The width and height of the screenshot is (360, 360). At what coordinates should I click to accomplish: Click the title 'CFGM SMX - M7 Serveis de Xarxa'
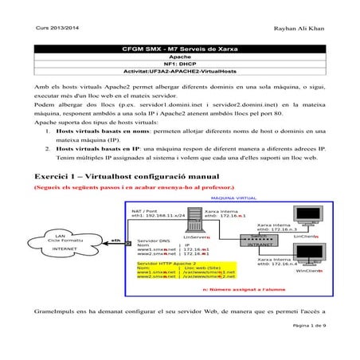point(179,49)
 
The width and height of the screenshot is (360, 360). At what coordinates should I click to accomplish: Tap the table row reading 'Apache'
point(179,57)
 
